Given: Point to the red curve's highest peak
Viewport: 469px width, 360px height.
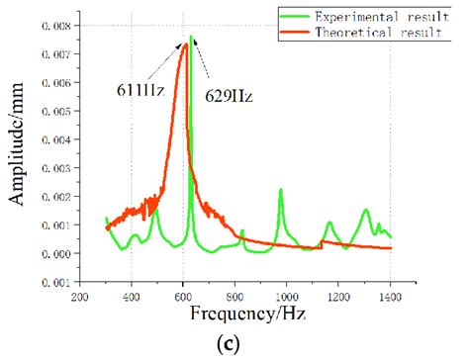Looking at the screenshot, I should click(184, 44).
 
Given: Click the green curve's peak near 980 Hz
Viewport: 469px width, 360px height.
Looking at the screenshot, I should click(281, 190).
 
